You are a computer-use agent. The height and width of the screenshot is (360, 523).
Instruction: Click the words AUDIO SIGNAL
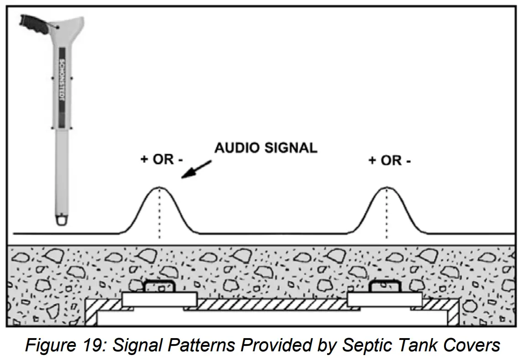coord(266,148)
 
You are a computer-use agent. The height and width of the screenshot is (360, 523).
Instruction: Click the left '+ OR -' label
coord(162,160)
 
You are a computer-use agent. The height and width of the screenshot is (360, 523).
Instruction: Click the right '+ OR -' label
coord(389,160)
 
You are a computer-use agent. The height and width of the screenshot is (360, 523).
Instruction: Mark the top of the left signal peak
coord(159,188)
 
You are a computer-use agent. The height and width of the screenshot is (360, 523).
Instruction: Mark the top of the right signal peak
coord(387,188)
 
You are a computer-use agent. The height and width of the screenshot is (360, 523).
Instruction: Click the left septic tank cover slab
coord(159,299)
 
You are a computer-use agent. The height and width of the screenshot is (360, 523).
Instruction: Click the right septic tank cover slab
coord(385,299)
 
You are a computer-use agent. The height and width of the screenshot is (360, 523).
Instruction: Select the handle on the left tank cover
coord(159,286)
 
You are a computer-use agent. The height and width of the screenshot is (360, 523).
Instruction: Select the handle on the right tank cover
coord(384,286)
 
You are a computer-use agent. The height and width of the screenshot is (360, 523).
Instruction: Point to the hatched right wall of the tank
coord(452,315)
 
